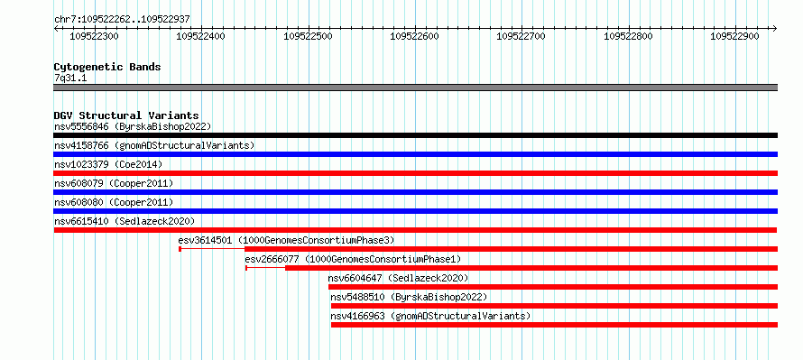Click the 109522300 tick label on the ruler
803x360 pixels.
(x=94, y=36)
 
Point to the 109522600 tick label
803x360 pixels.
(x=414, y=36)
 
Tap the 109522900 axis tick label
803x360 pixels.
(x=735, y=36)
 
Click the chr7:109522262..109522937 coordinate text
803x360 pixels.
(x=123, y=20)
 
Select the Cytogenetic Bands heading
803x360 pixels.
(x=107, y=67)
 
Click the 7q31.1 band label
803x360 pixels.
(x=70, y=78)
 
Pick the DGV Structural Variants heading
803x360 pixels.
(x=126, y=115)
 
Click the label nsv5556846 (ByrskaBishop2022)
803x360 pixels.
(x=133, y=126)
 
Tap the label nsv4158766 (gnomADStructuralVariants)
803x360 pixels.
(x=154, y=145)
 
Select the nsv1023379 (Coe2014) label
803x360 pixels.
(x=108, y=164)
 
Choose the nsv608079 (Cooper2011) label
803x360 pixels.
(x=114, y=183)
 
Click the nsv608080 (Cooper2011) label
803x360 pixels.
(x=114, y=202)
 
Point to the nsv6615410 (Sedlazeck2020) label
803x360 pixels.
(x=125, y=221)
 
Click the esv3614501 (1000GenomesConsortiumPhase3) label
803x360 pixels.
(x=286, y=240)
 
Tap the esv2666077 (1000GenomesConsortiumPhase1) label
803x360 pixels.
(x=354, y=259)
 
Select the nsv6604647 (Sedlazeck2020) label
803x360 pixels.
(x=399, y=278)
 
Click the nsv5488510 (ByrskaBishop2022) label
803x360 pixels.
(x=409, y=297)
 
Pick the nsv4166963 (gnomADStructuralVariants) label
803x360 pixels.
(x=430, y=316)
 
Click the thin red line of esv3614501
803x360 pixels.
(x=213, y=249)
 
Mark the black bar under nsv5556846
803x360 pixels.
(x=415, y=135)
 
